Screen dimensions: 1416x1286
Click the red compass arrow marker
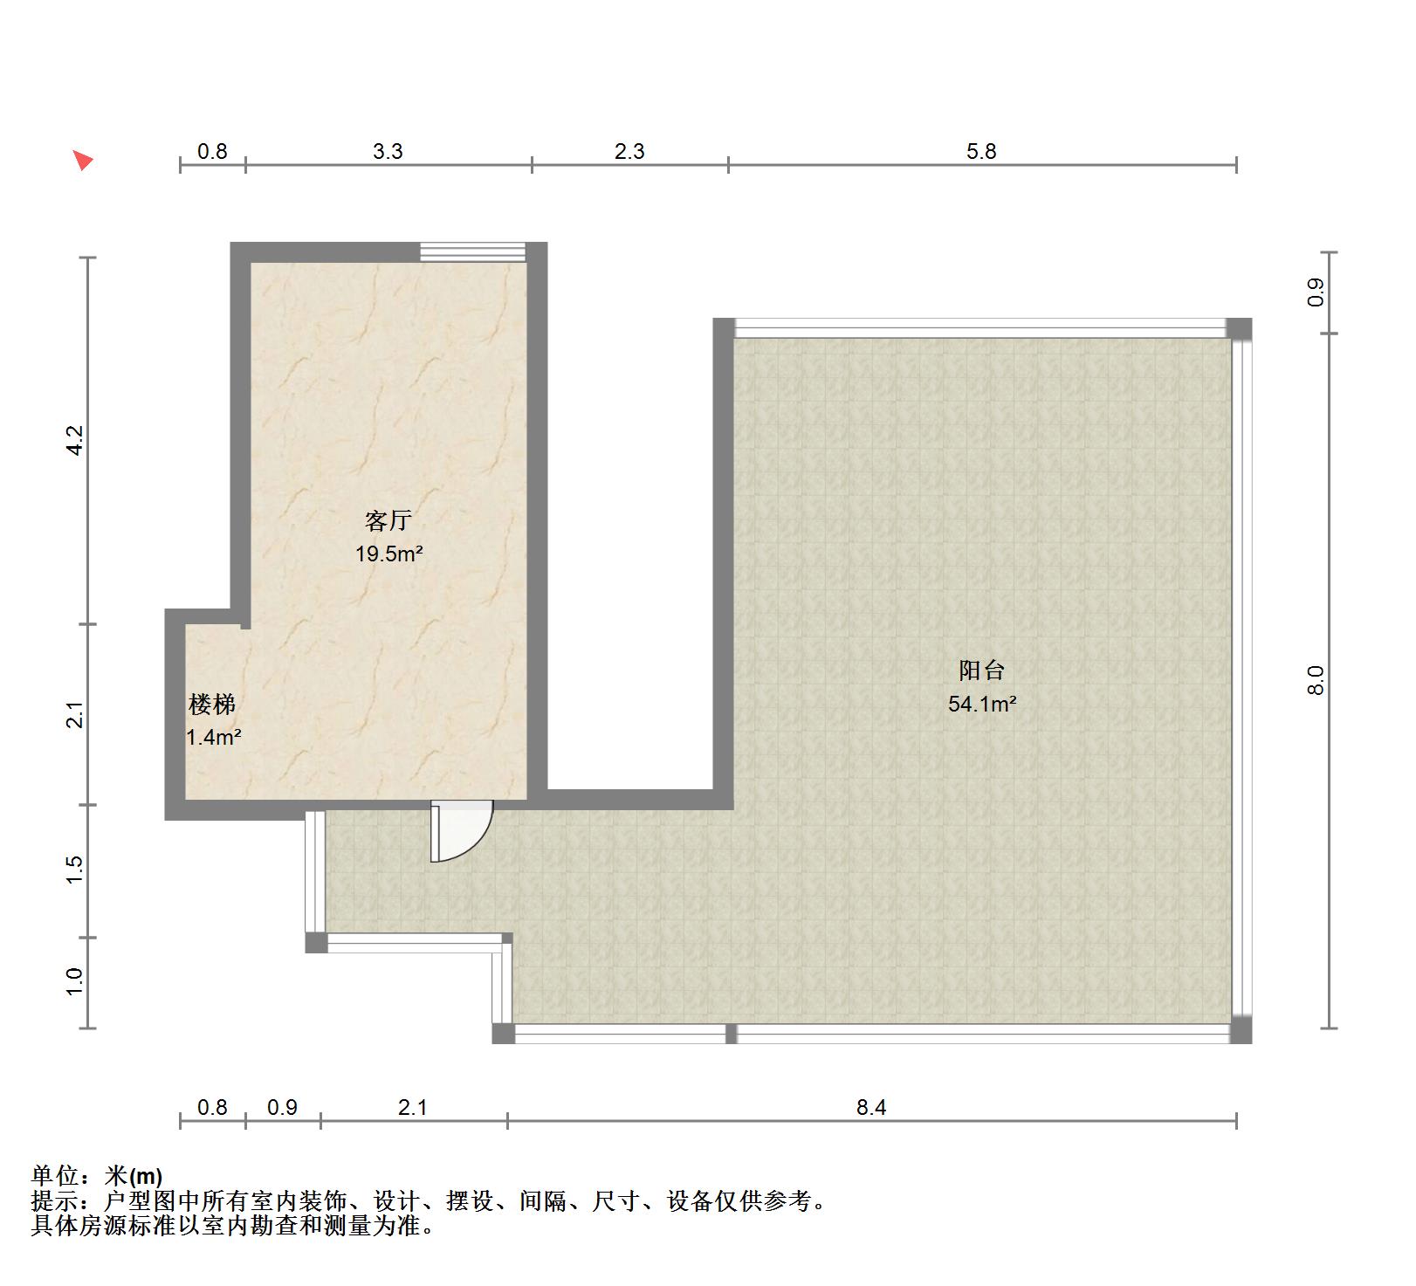point(83,160)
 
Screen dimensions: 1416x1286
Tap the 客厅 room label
point(388,521)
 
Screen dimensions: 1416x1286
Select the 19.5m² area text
point(389,553)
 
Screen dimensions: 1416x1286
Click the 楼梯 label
point(212,704)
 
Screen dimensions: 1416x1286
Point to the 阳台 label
point(982,671)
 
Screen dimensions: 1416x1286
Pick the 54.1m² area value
point(982,703)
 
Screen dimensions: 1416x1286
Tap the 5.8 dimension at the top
point(981,151)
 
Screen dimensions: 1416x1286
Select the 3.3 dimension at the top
point(388,151)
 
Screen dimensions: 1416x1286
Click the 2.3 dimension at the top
point(629,151)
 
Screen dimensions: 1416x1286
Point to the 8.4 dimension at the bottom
point(871,1107)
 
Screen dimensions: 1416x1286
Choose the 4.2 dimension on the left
point(75,440)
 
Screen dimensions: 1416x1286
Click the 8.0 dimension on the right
point(1316,680)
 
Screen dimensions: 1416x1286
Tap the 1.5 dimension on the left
point(75,870)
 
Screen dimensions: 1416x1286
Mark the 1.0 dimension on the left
point(75,982)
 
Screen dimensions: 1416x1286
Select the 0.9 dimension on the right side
point(1316,292)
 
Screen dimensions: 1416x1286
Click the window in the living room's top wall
point(472,251)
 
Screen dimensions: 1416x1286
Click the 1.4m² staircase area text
point(214,737)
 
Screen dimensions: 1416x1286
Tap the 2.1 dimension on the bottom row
point(412,1107)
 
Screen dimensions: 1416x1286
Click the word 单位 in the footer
point(55,1176)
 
